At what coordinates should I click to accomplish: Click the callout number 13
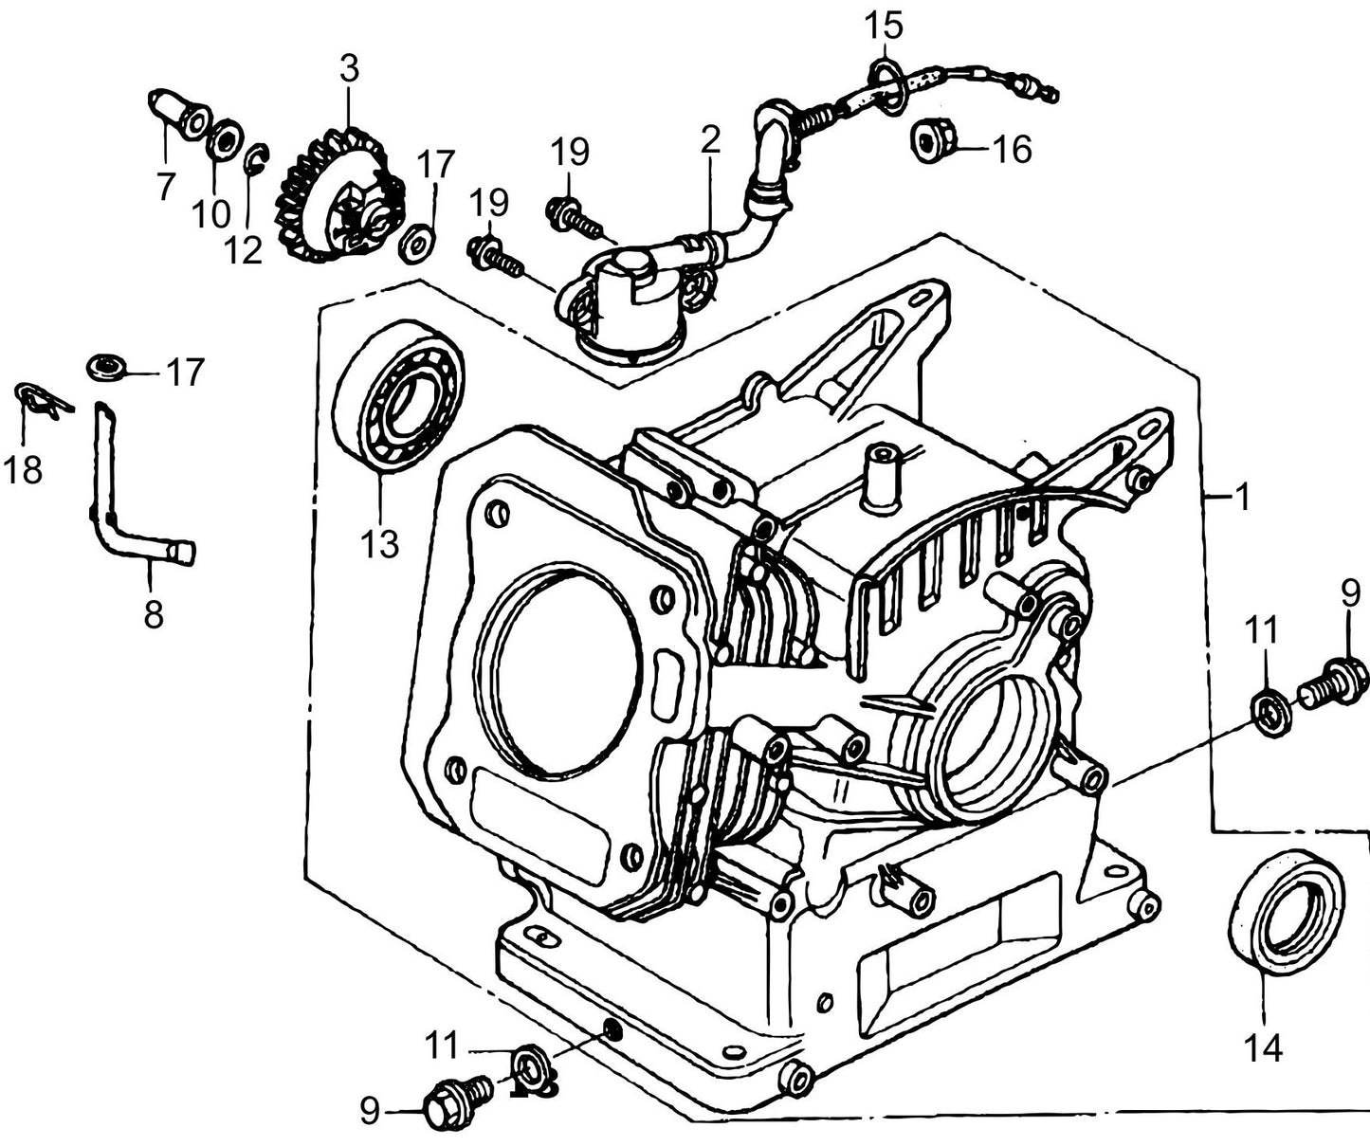coord(379,545)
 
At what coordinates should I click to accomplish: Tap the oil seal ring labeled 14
coord(1286,910)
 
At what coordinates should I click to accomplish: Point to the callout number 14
coord(1265,1047)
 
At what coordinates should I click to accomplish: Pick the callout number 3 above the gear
coord(350,69)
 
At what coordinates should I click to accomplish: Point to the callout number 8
coord(153,614)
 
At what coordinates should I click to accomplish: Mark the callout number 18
coord(23,470)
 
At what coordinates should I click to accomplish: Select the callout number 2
coord(710,140)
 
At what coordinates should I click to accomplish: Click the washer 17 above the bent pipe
coord(105,366)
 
